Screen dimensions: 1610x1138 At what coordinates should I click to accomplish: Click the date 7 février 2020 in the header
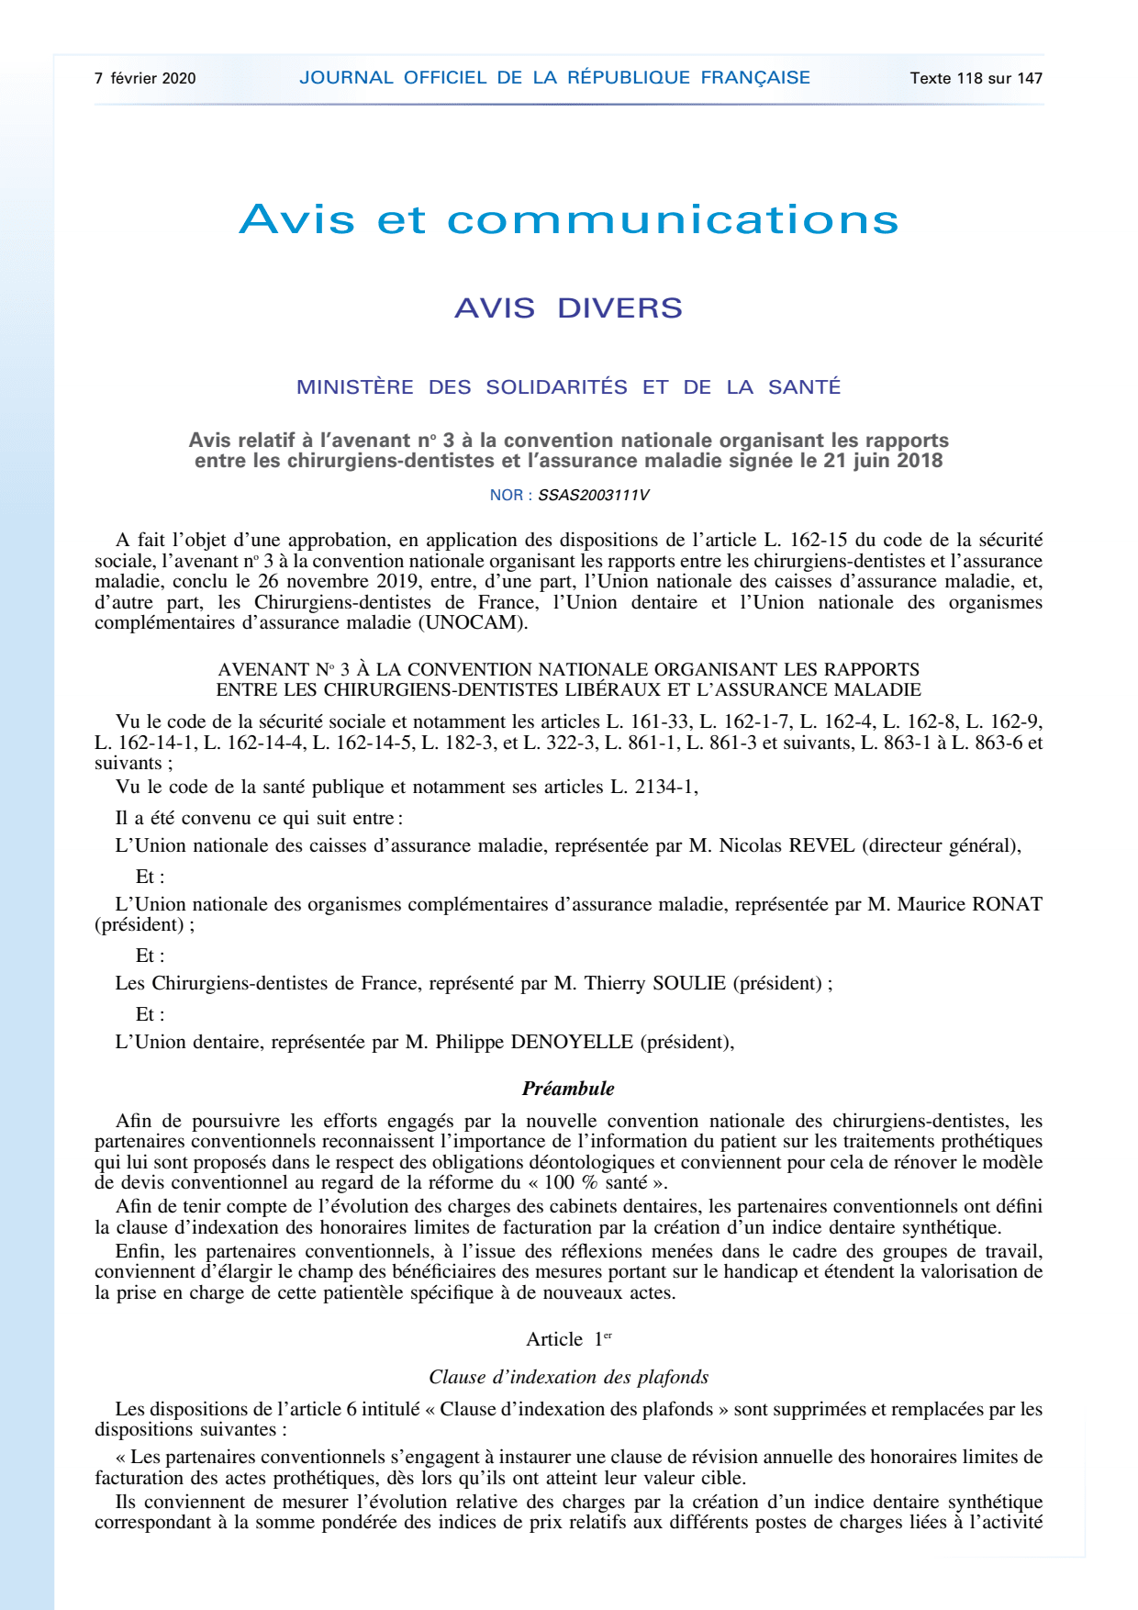145,78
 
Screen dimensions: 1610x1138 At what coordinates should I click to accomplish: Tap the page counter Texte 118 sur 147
976,78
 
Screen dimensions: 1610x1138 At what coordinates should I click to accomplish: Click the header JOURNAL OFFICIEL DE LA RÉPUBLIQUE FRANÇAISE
554,78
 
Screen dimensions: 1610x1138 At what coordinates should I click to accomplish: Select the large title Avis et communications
568,219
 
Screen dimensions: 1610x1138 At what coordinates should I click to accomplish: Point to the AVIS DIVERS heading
568,307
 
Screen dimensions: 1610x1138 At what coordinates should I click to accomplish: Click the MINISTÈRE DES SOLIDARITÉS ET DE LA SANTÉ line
568,387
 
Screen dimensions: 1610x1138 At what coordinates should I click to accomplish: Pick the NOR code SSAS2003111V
593,496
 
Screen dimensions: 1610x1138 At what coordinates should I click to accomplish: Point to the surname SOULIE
688,983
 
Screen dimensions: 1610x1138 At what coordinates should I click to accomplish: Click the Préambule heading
568,1089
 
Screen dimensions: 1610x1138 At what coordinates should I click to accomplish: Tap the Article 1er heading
568,1339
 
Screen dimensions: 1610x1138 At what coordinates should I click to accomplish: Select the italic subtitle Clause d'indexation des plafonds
568,1377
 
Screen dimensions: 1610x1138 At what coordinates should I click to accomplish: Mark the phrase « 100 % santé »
597,1182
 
